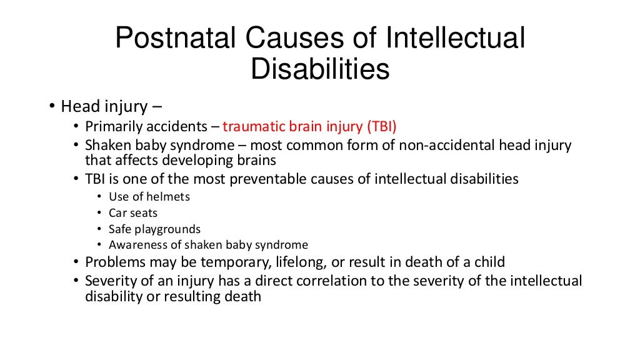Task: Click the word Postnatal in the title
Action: (x=173, y=39)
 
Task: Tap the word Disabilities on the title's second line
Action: (x=320, y=69)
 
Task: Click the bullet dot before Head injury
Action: (x=52, y=106)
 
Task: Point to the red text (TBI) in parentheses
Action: (x=381, y=126)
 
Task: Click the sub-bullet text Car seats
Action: (x=133, y=212)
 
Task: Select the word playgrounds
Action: (x=169, y=229)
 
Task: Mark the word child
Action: (x=487, y=262)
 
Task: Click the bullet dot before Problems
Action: (x=76, y=262)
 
